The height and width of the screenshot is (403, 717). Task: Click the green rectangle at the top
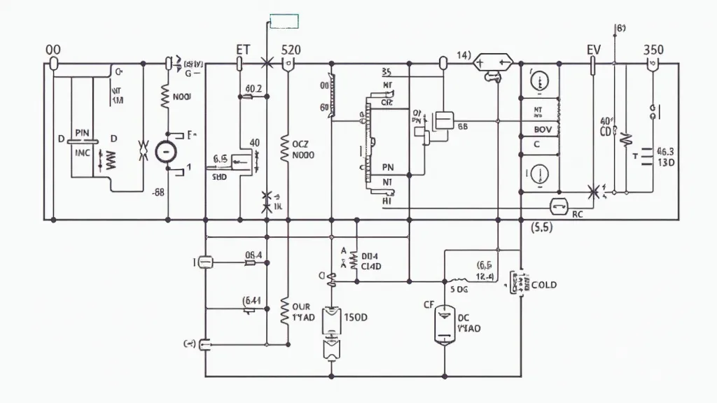pyautogui.click(x=284, y=21)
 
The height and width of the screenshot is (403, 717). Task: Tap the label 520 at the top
pyautogui.click(x=291, y=50)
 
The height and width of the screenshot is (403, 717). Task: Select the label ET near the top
pyautogui.click(x=243, y=50)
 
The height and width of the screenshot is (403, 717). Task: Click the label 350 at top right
pyautogui.click(x=653, y=50)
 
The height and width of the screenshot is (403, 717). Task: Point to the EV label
pyautogui.click(x=594, y=50)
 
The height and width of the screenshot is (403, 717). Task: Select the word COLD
pyautogui.click(x=544, y=285)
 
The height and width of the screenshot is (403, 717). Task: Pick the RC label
pyautogui.click(x=578, y=215)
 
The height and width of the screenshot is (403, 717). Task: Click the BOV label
pyautogui.click(x=543, y=129)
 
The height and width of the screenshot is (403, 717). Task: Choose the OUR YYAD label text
pyautogui.click(x=302, y=311)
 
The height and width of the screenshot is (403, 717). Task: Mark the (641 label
pyautogui.click(x=252, y=302)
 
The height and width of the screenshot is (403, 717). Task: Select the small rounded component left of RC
pyautogui.click(x=559, y=205)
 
